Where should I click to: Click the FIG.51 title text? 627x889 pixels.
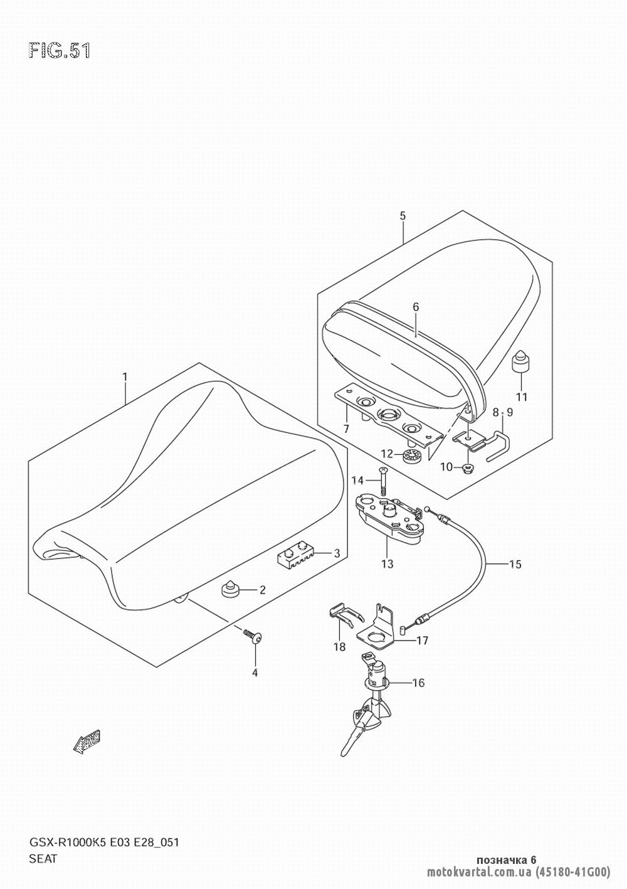click(60, 51)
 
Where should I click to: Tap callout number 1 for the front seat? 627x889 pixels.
click(125, 377)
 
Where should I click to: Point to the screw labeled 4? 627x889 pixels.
click(255, 637)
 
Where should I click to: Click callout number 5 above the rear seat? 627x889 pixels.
click(403, 216)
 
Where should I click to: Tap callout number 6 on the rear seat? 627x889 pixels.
click(416, 307)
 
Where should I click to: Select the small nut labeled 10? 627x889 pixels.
click(466, 469)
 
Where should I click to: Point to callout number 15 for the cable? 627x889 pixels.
click(515, 564)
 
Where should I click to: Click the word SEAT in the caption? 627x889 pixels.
click(43, 859)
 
